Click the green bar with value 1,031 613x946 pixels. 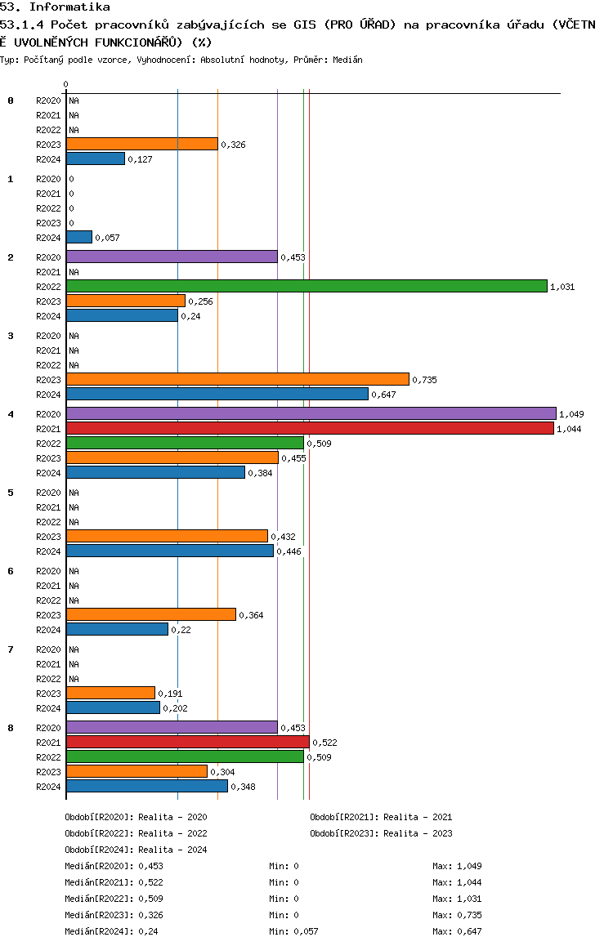(306, 287)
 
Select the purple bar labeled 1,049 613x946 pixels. (311, 414)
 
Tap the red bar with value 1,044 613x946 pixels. (310, 428)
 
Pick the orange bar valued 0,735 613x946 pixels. (238, 380)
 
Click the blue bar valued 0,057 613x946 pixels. (79, 238)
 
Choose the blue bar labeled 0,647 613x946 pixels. (217, 395)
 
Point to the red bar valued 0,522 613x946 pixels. (188, 742)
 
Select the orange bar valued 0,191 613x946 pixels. (110, 694)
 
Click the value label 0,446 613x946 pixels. (289, 551)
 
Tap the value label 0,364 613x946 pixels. (251, 615)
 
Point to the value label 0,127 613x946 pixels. (140, 159)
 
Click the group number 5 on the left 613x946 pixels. (11, 493)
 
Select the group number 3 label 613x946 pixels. (11, 336)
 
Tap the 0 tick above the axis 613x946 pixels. (65, 84)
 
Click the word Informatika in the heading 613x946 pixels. (69, 7)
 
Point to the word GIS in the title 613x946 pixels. (305, 25)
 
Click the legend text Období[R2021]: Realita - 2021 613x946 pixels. (382, 817)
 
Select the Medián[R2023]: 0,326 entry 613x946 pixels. (114, 915)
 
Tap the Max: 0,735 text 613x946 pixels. (458, 915)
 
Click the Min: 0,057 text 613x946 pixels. (293, 931)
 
